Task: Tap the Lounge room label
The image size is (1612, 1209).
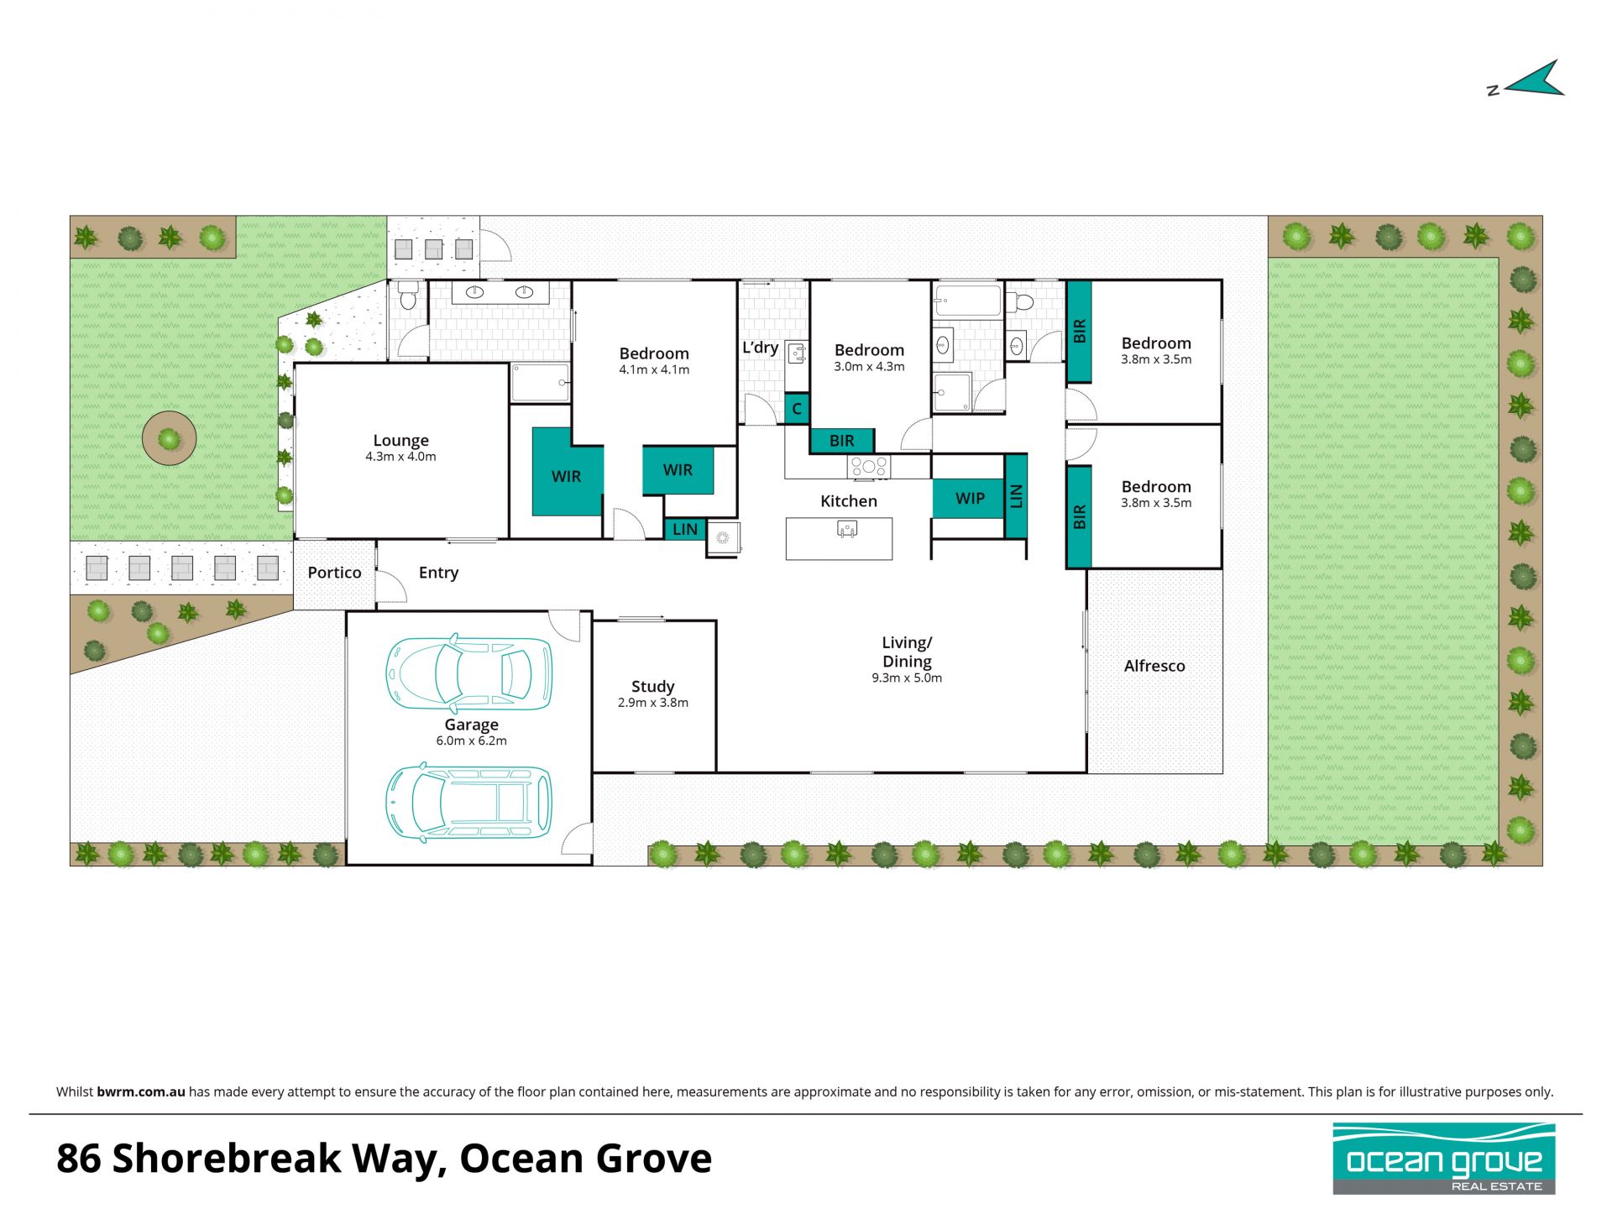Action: tap(400, 440)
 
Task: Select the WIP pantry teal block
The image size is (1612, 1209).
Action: tap(969, 499)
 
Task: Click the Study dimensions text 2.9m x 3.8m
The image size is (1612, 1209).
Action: tap(652, 703)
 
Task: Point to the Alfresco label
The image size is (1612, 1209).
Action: tap(1154, 666)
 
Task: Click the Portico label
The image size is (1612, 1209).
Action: tap(334, 573)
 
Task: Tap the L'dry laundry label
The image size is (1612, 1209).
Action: tap(760, 347)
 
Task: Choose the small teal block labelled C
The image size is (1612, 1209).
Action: tap(797, 409)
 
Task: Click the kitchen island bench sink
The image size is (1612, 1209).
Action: tap(847, 529)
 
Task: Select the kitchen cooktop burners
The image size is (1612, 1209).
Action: tap(868, 466)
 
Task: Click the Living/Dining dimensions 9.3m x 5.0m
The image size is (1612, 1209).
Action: tap(907, 678)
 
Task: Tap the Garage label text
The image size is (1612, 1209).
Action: tap(471, 725)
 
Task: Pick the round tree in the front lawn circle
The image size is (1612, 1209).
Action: tap(170, 438)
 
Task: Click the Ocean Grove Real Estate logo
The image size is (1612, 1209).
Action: tap(1444, 1159)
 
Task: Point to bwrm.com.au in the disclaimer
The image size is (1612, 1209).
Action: tap(140, 1092)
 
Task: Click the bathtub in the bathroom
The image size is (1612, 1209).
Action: tap(968, 301)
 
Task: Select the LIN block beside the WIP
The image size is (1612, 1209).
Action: tap(1016, 496)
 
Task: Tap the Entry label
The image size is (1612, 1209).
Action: tap(438, 573)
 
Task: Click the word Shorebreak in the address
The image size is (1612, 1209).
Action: tap(227, 1159)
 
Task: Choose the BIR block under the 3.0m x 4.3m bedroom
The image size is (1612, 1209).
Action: tap(842, 441)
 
